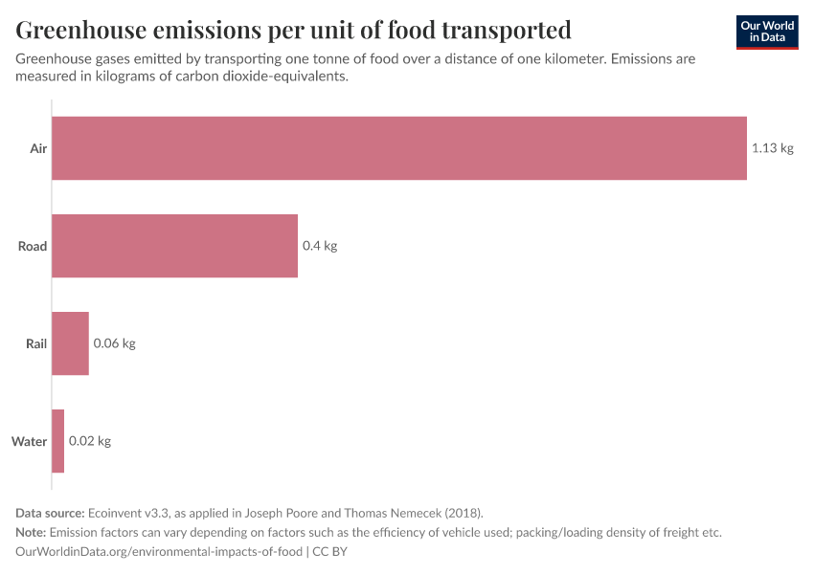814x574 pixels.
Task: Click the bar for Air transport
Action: tap(398, 148)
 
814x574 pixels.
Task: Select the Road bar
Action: tap(174, 246)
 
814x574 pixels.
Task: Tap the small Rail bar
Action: tap(70, 343)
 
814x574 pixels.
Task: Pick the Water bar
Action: tap(57, 441)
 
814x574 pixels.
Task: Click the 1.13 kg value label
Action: tap(772, 148)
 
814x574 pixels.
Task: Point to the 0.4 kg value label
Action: tap(320, 246)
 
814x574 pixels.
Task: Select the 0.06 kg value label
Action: tap(114, 343)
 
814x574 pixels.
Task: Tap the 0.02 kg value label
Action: tap(90, 441)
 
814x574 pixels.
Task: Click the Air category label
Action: tap(38, 148)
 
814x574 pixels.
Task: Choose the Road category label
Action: tap(33, 246)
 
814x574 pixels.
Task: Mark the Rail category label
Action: tap(35, 343)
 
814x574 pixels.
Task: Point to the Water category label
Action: tap(29, 441)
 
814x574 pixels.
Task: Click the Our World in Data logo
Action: tap(767, 32)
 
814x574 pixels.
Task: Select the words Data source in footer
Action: tap(48, 513)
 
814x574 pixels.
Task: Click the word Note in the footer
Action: tap(31, 532)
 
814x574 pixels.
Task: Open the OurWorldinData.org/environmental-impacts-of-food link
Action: tap(159, 551)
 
